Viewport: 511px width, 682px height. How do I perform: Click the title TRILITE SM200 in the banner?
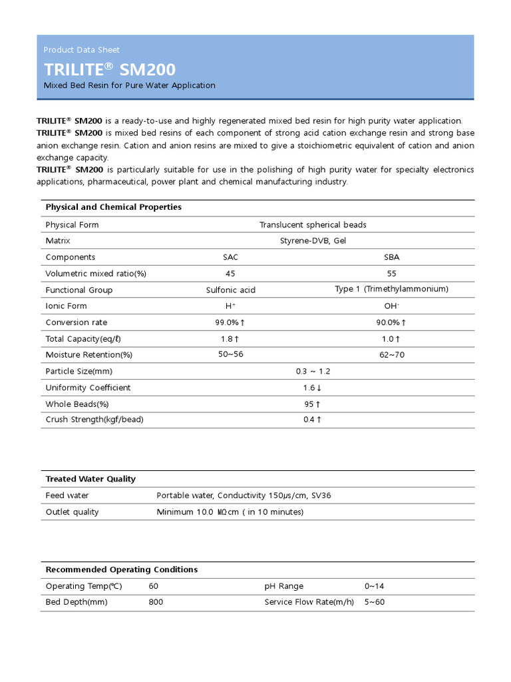tap(110, 69)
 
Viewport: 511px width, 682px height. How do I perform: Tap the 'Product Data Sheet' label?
tap(81, 50)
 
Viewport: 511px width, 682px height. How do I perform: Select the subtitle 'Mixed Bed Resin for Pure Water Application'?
tap(129, 85)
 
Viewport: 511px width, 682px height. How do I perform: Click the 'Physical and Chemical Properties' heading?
tap(113, 207)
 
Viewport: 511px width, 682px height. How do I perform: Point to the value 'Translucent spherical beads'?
tap(313, 224)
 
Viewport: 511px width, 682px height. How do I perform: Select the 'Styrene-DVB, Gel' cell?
tap(313, 240)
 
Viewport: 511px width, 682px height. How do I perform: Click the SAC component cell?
tap(230, 257)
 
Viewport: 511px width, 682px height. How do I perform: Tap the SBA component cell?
tap(392, 257)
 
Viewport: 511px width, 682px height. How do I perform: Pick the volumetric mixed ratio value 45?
tap(230, 273)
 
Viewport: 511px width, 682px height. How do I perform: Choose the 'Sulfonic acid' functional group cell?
tap(230, 290)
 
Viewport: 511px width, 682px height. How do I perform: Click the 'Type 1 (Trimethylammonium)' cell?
tap(391, 289)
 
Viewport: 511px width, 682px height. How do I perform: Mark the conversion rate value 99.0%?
tap(230, 322)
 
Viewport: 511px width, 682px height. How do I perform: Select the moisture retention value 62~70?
tap(392, 355)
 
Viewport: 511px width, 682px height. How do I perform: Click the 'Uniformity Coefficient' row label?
tap(88, 388)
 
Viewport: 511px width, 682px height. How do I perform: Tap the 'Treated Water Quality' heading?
tap(90, 479)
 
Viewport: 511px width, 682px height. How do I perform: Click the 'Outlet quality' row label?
tap(72, 512)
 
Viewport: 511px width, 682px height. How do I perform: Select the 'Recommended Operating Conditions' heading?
tap(121, 569)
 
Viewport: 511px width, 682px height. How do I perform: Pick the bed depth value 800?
tap(156, 602)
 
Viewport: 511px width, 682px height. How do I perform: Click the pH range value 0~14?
tap(375, 586)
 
